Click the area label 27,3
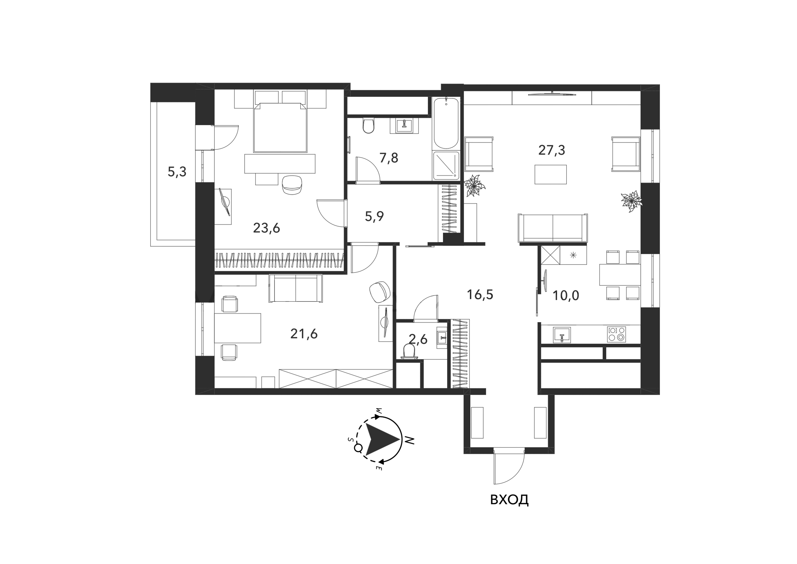552,150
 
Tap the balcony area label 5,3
177,172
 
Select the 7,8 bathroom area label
389,158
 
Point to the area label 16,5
480,295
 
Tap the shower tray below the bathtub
446,166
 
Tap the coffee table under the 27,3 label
551,174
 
